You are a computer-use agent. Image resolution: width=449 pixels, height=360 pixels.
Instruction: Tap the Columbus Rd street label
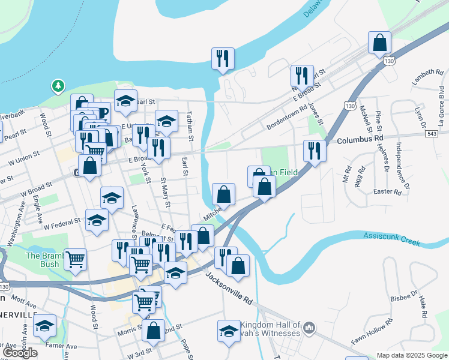click(360, 139)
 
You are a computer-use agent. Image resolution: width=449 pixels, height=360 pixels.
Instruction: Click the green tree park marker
click(58, 86)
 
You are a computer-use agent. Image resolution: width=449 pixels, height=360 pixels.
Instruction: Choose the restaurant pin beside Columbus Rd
click(315, 151)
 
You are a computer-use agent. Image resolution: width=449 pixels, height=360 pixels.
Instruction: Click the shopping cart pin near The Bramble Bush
click(75, 260)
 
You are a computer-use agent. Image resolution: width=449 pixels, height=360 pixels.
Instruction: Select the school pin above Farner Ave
click(44, 326)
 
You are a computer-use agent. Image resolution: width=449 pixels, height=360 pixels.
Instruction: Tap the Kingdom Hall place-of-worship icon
click(309, 328)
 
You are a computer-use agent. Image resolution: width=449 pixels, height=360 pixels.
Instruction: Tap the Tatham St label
click(190, 127)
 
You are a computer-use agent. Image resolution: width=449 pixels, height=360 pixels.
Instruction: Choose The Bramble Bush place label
click(42, 260)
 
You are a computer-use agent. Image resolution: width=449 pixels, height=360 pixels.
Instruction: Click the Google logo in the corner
click(20, 352)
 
